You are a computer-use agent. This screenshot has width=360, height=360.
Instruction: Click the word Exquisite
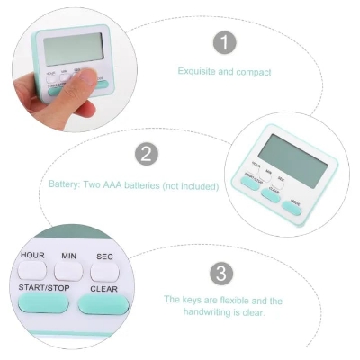pyautogui.click(x=195, y=71)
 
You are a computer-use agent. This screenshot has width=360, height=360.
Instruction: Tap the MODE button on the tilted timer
pyautogui.click(x=292, y=206)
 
